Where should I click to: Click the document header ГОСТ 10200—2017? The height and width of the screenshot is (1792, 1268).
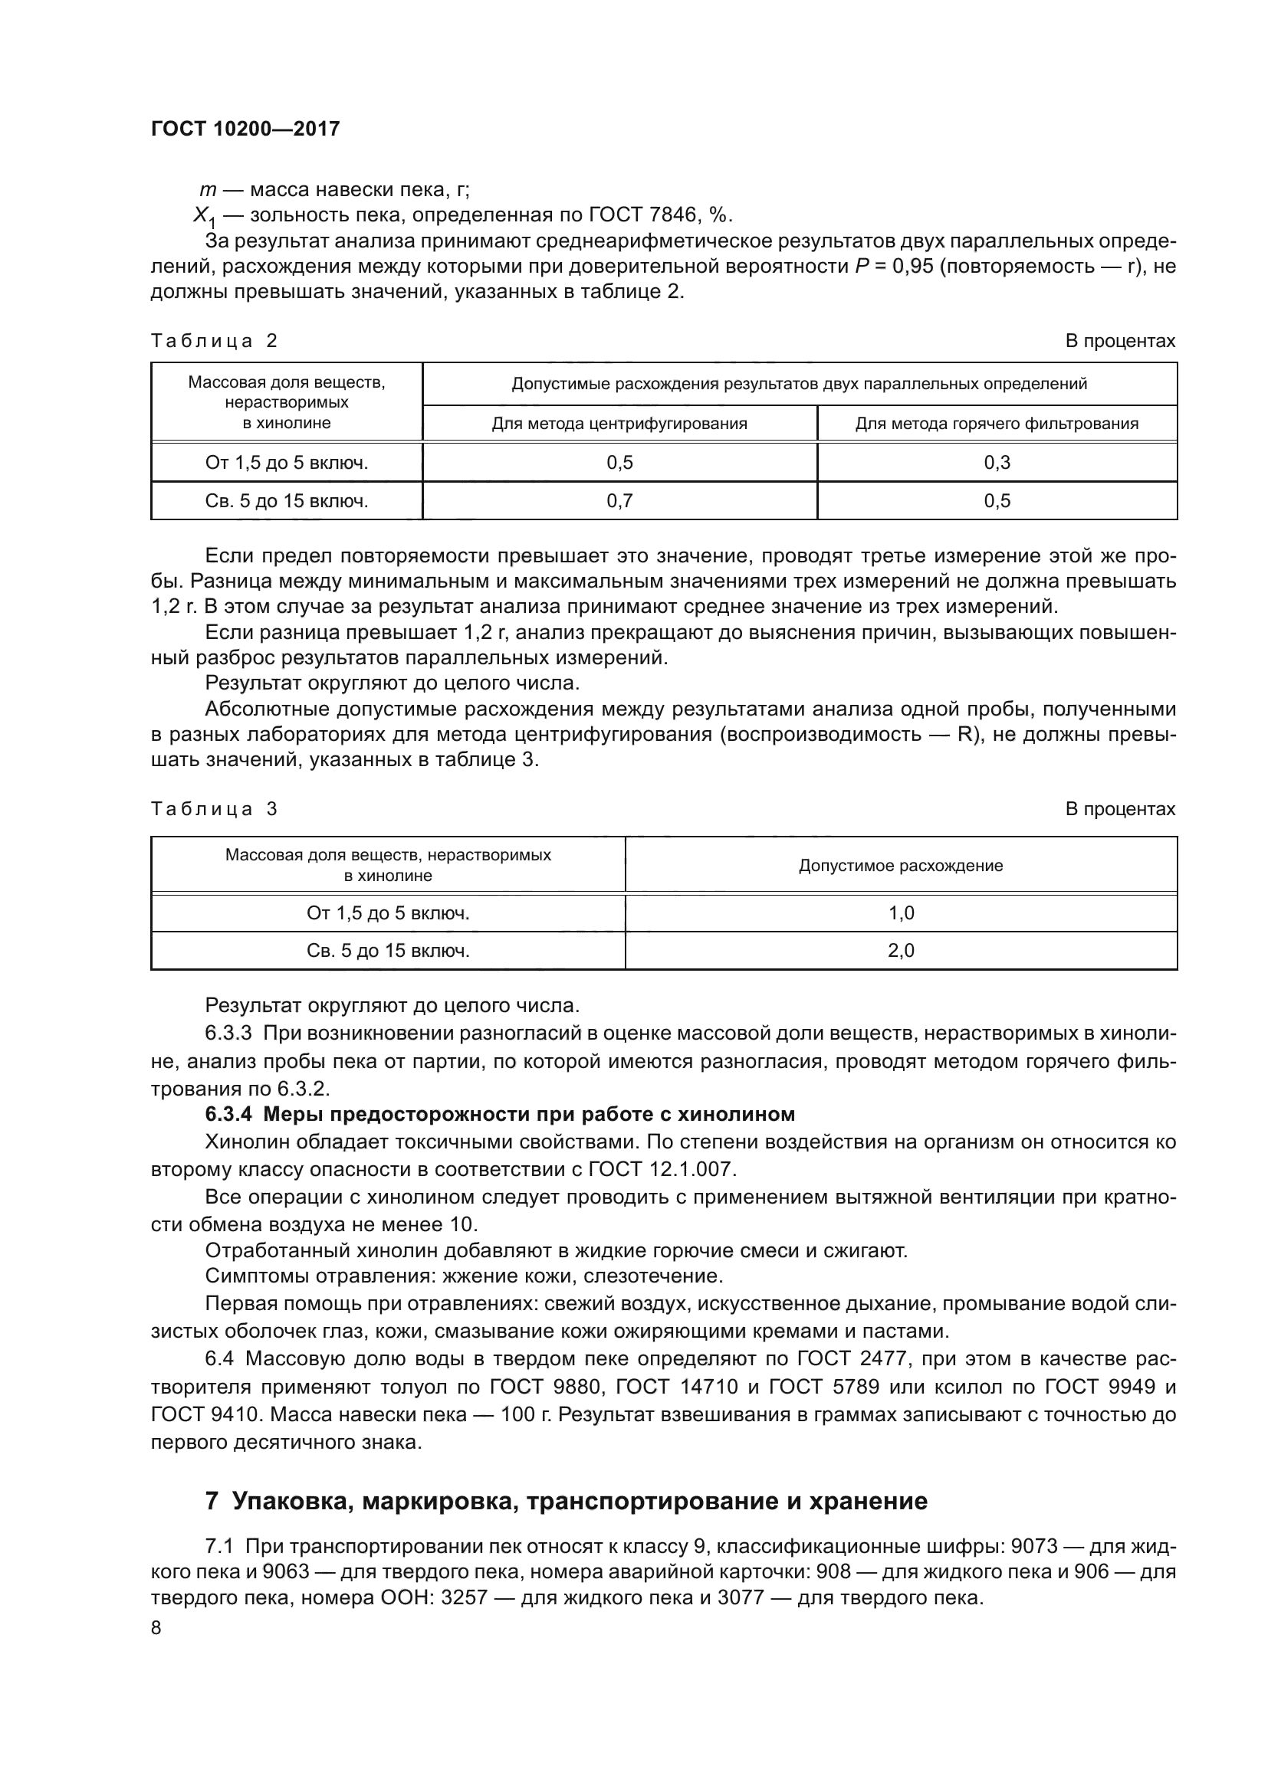click(x=245, y=129)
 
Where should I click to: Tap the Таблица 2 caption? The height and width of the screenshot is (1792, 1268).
click(x=214, y=341)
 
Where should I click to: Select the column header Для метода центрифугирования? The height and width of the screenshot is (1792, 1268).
click(x=619, y=424)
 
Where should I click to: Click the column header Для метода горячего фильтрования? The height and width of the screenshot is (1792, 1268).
click(x=997, y=424)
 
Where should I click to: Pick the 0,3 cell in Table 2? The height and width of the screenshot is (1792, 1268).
click(x=997, y=463)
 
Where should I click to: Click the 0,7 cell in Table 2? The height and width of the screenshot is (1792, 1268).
click(x=619, y=501)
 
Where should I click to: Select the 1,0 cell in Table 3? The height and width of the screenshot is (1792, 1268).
click(x=901, y=913)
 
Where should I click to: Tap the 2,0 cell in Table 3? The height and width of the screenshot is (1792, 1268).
click(x=901, y=951)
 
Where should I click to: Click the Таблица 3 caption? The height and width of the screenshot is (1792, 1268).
click(x=214, y=808)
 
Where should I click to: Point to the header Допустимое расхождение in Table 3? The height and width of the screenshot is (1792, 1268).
click(x=900, y=866)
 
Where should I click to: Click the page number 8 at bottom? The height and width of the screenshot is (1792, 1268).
click(x=156, y=1628)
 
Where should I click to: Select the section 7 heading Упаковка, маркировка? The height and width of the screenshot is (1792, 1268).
click(x=566, y=1501)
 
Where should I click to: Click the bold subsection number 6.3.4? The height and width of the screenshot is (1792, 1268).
click(x=229, y=1114)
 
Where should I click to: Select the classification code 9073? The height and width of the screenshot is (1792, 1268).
click(x=1033, y=1546)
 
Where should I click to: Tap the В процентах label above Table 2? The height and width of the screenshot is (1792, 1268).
click(x=1119, y=341)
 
